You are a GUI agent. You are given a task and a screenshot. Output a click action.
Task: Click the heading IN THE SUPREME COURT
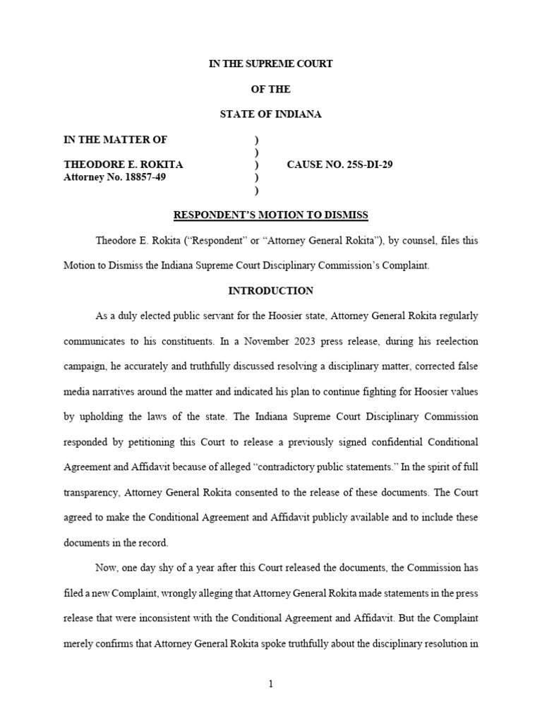click(271, 64)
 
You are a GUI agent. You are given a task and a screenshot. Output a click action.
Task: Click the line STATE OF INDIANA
click(271, 114)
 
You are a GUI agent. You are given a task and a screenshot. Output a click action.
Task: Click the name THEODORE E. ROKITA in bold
click(124, 165)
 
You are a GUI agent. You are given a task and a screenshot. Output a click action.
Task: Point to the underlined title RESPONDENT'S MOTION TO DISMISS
click(271, 215)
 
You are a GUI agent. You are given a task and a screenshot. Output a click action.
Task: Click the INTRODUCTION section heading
click(271, 291)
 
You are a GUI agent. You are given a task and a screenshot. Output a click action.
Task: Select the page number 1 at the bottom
click(271, 683)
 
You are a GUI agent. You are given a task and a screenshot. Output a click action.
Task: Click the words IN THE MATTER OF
click(116, 139)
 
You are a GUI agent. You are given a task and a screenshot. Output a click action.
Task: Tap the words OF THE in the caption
click(271, 89)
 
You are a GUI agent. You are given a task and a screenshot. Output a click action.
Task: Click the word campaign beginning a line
click(86, 366)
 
